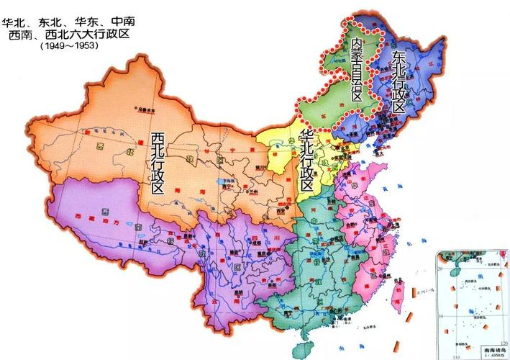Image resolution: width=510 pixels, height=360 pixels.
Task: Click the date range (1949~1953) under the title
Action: (69, 45)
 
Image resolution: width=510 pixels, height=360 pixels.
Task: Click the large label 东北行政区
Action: (398, 82)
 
